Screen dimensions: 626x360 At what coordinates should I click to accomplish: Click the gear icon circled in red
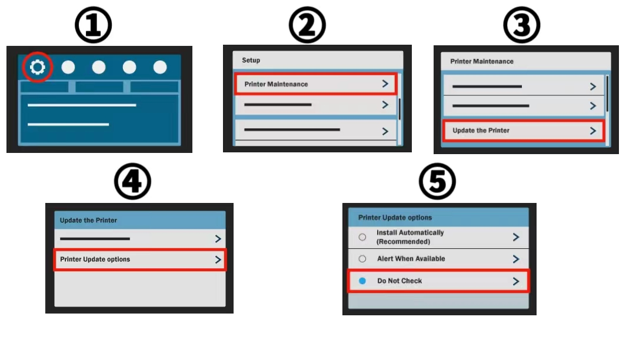pos(38,67)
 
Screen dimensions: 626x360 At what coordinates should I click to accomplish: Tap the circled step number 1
pos(94,25)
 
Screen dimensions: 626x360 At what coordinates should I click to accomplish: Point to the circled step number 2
pos(307,25)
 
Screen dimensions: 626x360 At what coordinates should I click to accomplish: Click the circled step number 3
pos(521,25)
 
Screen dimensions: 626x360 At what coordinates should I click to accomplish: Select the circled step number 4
pos(132,181)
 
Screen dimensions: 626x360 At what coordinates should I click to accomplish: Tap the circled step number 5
pos(437,181)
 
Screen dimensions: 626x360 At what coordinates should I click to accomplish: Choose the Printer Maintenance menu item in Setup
pos(316,84)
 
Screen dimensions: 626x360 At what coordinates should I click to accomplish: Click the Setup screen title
pos(251,60)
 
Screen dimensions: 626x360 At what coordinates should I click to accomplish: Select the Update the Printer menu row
pos(524,131)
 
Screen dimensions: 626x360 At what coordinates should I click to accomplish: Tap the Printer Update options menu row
pos(140,259)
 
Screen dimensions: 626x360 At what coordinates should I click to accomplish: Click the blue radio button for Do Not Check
pos(362,281)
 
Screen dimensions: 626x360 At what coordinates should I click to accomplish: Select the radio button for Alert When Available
pos(362,259)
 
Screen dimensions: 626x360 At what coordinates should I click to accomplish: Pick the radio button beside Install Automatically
pos(362,237)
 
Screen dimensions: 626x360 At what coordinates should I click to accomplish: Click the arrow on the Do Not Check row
pos(516,281)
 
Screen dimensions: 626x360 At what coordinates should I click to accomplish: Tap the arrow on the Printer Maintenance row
pos(385,84)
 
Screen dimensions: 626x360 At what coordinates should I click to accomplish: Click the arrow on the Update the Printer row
pos(593,131)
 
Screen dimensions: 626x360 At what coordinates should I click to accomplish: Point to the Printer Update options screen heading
pos(395,218)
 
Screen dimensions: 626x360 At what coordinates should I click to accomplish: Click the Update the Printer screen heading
pos(88,221)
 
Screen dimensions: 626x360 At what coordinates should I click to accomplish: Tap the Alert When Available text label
pos(411,259)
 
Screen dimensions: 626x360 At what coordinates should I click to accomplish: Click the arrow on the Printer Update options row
pos(218,259)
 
